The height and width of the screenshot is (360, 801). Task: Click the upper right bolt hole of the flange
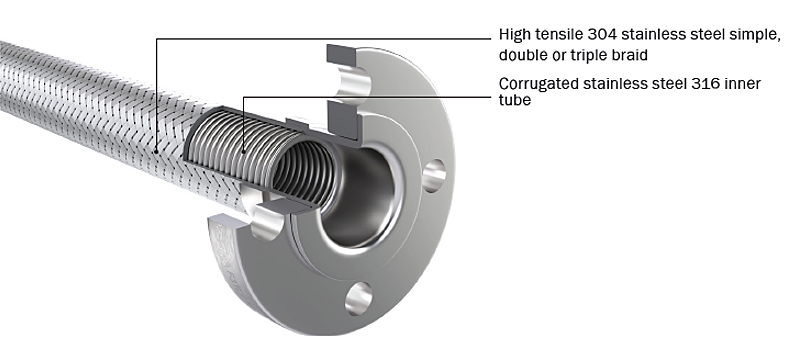[x=433, y=177]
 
